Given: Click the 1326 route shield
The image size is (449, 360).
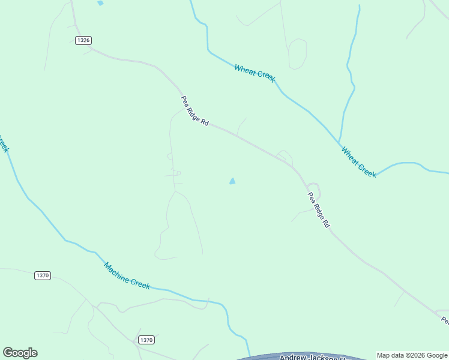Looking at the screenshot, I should (83, 40).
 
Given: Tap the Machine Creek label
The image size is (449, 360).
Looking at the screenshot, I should (127, 275).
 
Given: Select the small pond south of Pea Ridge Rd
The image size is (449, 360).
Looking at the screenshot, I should (232, 181).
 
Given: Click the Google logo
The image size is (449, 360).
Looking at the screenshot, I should (20, 353).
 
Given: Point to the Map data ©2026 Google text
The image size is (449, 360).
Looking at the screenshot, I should (412, 355).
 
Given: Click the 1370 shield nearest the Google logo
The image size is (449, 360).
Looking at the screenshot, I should (43, 275).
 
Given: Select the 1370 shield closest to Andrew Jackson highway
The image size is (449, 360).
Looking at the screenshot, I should (146, 340).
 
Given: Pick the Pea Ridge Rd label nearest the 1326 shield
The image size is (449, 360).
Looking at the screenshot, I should (194, 111).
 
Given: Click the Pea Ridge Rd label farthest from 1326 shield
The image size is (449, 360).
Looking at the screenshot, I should (319, 209).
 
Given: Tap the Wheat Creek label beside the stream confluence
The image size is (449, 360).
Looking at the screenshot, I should (358, 162).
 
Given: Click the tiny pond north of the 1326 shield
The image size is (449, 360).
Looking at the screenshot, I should (100, 3).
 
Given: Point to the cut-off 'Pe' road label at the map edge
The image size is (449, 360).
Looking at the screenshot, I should (445, 321).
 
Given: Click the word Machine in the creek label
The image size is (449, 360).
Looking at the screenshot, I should (116, 271).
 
